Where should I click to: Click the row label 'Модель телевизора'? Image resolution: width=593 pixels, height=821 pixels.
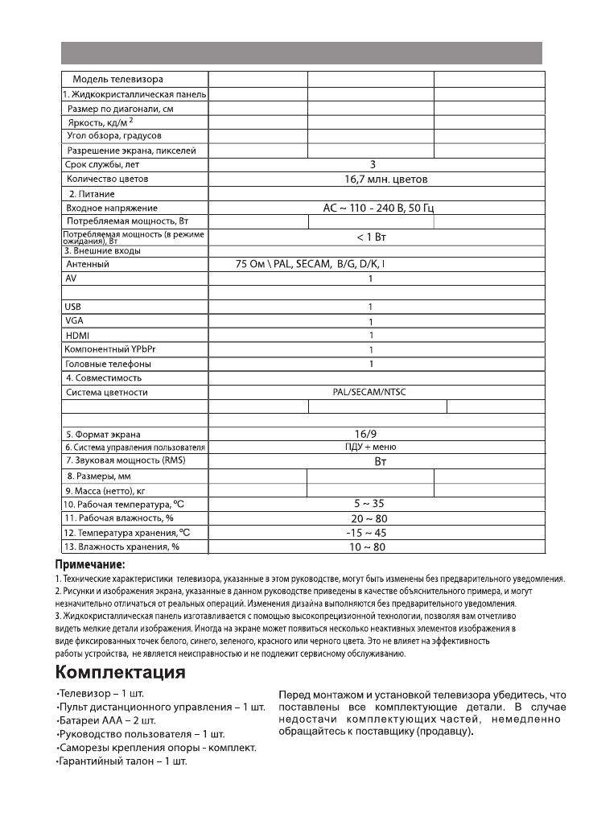click(x=117, y=79)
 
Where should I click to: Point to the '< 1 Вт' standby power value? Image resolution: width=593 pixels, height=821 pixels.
click(x=372, y=237)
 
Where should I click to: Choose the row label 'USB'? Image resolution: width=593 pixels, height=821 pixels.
click(x=73, y=307)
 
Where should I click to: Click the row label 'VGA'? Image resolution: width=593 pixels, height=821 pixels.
click(x=74, y=320)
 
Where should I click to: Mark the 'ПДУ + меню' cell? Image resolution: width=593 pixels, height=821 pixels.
click(x=370, y=447)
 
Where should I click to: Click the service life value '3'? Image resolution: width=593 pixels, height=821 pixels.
click(x=373, y=164)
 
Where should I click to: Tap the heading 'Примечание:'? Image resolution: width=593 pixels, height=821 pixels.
click(x=89, y=565)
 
